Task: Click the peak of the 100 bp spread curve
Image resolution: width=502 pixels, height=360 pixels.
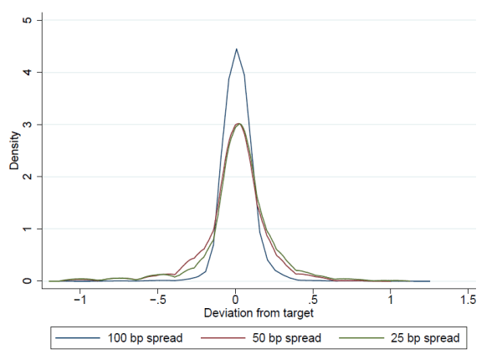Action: (x=236, y=49)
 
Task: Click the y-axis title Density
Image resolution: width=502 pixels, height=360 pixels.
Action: (x=14, y=151)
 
